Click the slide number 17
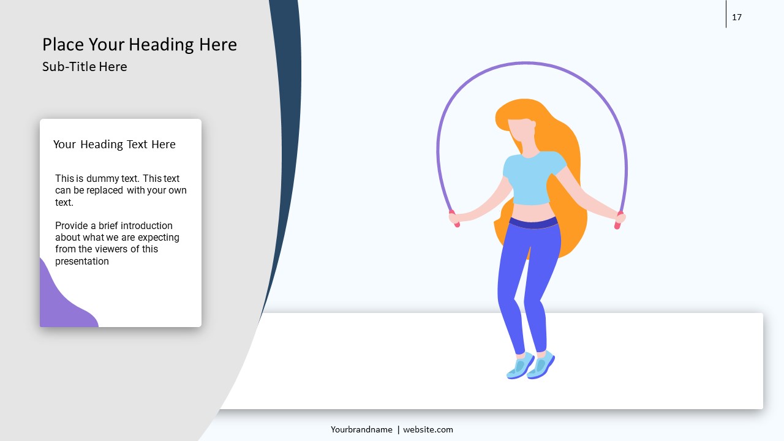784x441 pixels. pyautogui.click(x=737, y=17)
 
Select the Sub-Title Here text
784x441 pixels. pyautogui.click(x=85, y=67)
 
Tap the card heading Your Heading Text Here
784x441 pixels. pyautogui.click(x=114, y=144)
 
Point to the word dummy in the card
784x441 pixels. pyautogui.click(x=102, y=179)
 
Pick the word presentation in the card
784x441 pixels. pyautogui.click(x=82, y=262)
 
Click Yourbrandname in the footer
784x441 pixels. pyautogui.click(x=361, y=430)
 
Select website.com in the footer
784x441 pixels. pyautogui.click(x=428, y=429)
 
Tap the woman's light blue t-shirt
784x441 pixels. pyautogui.click(x=533, y=178)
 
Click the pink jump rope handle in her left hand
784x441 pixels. pyautogui.click(x=618, y=221)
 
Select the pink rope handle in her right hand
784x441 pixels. pyautogui.click(x=454, y=219)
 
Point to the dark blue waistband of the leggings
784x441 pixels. pyautogui.click(x=533, y=223)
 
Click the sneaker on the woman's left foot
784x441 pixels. pyautogui.click(x=541, y=364)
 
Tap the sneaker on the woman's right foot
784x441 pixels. pyautogui.click(x=521, y=366)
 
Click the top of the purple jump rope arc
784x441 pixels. pyautogui.click(x=527, y=64)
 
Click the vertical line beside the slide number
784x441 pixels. pyautogui.click(x=726, y=14)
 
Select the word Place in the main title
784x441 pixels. pyautogui.click(x=63, y=45)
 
